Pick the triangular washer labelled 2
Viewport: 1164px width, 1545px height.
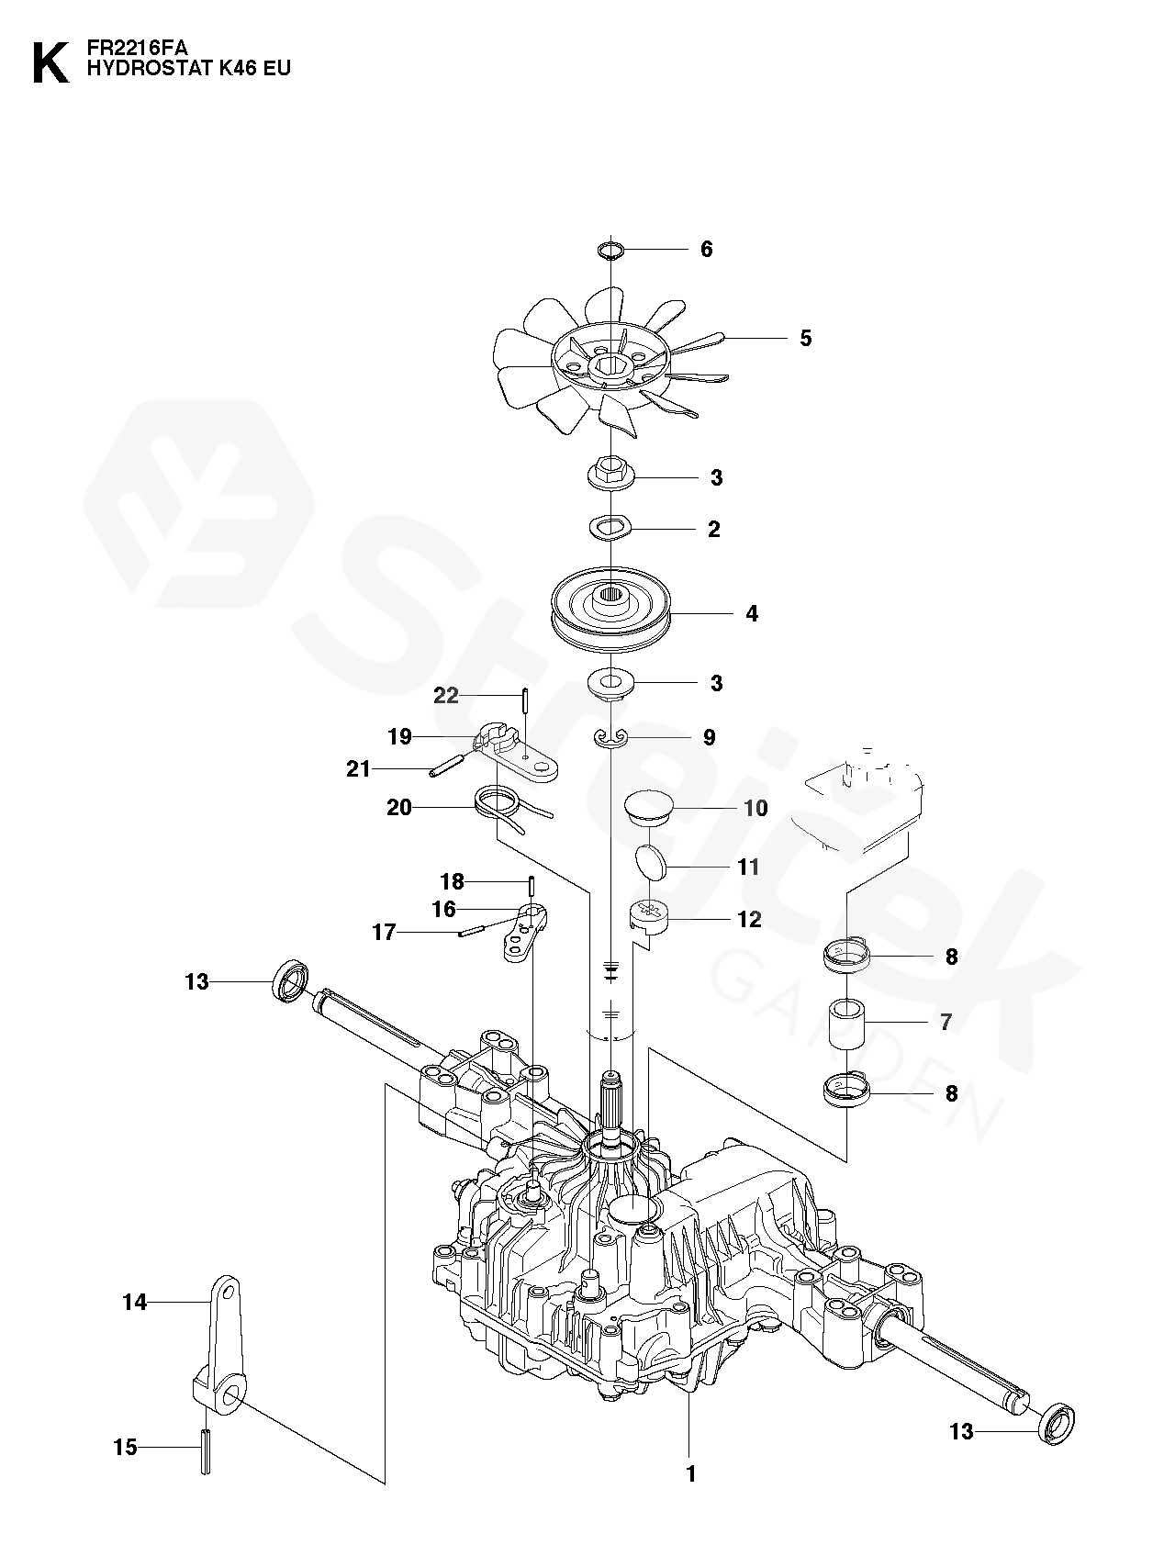tap(610, 528)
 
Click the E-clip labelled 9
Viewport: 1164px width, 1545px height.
tap(610, 735)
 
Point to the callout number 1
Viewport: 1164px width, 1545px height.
tap(690, 1474)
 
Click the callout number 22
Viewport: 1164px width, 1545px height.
tap(446, 696)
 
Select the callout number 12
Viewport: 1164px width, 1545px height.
tap(749, 919)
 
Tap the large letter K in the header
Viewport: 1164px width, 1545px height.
tap(50, 62)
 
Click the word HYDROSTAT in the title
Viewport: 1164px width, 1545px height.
tap(143, 68)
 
